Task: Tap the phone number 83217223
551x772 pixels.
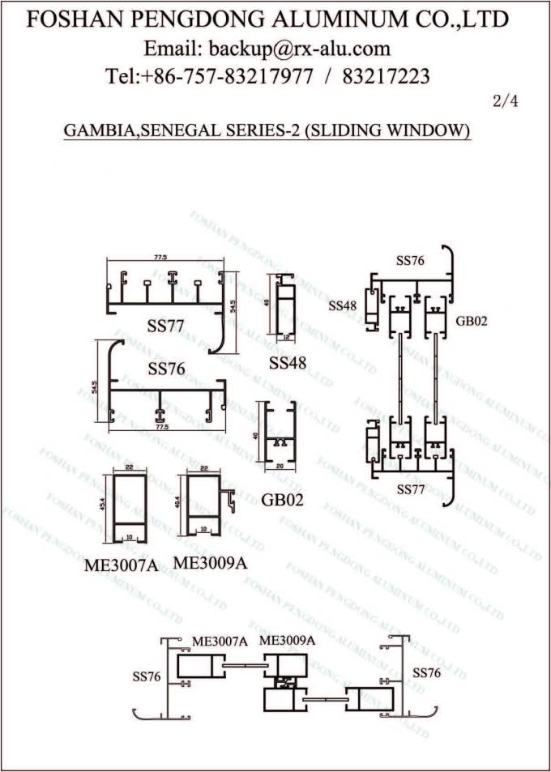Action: point(387,77)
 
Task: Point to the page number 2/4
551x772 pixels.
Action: point(505,103)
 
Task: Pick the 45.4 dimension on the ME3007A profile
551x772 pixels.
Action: point(103,505)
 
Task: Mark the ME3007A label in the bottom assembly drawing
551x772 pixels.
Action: point(219,641)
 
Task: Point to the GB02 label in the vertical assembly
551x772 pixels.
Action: point(471,320)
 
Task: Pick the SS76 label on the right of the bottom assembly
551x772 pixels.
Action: point(426,672)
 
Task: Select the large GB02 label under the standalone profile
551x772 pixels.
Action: point(282,500)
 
